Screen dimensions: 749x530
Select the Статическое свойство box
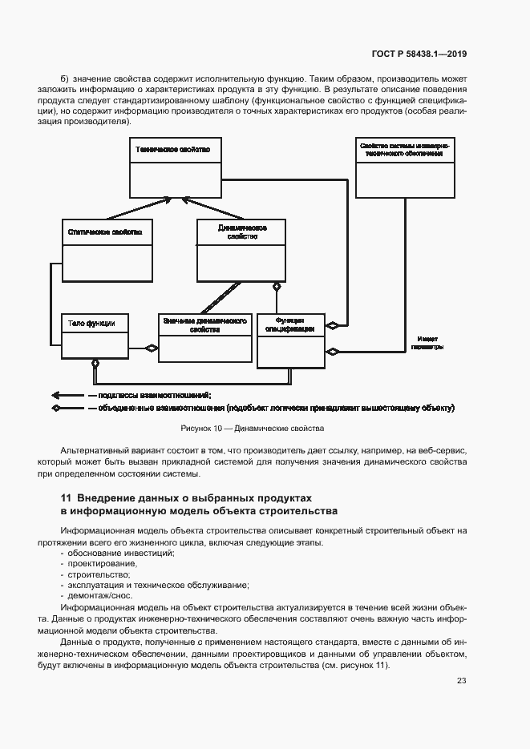(x=107, y=250)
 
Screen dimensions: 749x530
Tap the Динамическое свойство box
(x=241, y=250)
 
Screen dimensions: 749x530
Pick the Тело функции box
(x=94, y=335)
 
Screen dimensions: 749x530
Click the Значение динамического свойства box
(x=204, y=336)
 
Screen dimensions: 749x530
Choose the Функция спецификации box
(x=290, y=340)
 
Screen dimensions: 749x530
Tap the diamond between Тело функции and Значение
(x=150, y=348)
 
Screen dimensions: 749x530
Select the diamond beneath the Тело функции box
(x=95, y=364)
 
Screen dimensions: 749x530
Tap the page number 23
(x=462, y=681)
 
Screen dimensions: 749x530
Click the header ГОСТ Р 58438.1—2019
(x=420, y=54)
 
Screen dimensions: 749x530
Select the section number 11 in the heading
(x=66, y=498)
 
